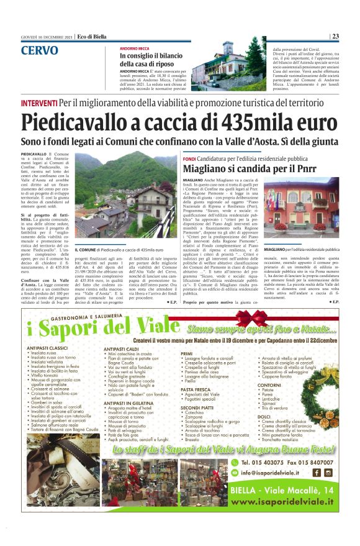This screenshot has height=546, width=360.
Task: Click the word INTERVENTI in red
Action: (x=39, y=102)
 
